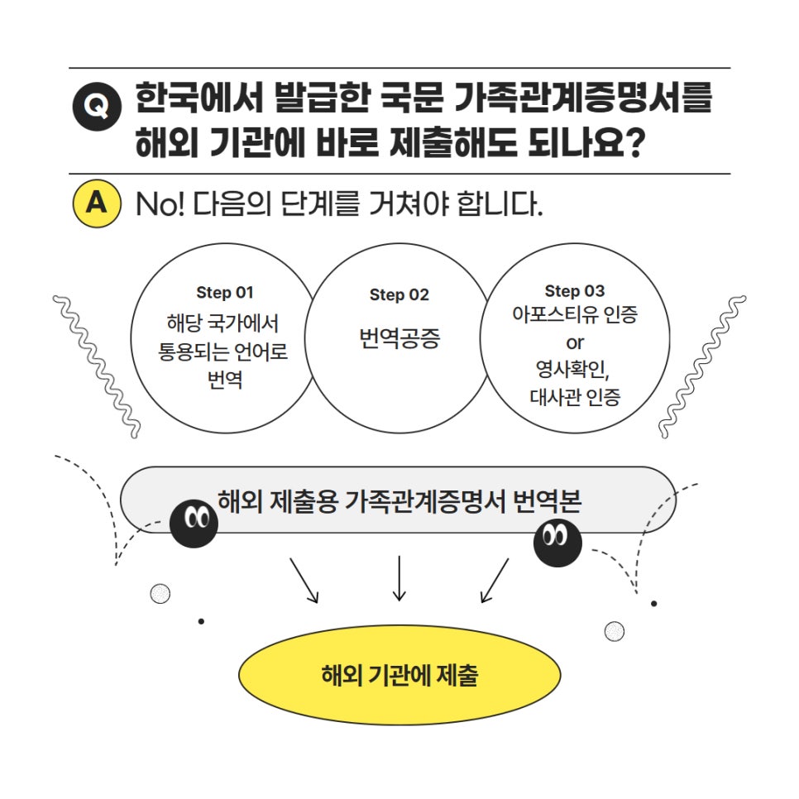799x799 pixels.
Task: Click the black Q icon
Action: [x=98, y=108]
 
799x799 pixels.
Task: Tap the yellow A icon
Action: [x=98, y=203]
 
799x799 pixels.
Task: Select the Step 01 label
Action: [x=225, y=292]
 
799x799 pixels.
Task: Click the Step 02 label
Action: [x=399, y=295]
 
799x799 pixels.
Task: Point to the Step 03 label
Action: [x=575, y=291]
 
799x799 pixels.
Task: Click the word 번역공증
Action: [x=399, y=338]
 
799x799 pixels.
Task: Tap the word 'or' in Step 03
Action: [x=575, y=342]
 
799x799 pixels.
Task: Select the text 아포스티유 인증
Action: [x=575, y=316]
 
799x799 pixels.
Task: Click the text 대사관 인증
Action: [x=575, y=397]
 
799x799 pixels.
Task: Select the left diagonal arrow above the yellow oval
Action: [x=304, y=580]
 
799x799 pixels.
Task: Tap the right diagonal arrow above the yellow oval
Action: [x=495, y=580]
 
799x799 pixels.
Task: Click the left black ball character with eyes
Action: [x=194, y=523]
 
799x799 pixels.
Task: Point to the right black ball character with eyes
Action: [x=557, y=542]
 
